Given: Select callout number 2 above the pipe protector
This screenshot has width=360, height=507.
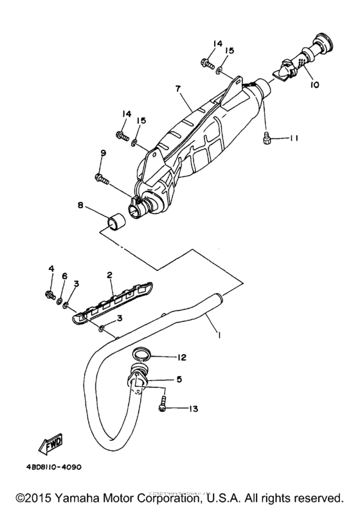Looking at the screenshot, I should (110, 275).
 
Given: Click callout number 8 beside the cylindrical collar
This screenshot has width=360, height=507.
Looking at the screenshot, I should (81, 206).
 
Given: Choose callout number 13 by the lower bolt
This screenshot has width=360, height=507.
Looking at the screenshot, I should (192, 408).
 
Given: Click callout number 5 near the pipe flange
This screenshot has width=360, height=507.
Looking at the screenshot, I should (179, 380).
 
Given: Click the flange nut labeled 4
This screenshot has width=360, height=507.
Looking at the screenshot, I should (50, 295).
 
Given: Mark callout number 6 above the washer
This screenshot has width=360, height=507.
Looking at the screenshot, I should (64, 276).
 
